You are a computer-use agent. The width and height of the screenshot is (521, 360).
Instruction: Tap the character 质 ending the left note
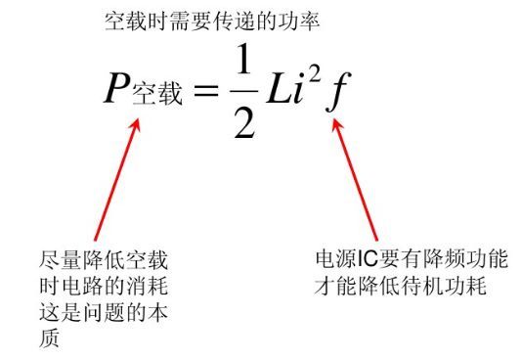click(x=46, y=339)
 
